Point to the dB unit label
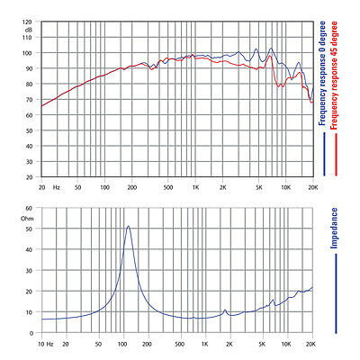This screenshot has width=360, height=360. (x=29, y=30)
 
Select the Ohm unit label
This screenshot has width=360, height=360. (x=27, y=219)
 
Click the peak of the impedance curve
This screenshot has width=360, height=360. (x=129, y=226)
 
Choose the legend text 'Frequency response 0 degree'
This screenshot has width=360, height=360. (x=322, y=73)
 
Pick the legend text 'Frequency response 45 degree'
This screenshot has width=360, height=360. (x=334, y=76)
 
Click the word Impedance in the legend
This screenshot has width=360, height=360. (x=334, y=228)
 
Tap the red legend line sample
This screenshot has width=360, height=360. (x=337, y=155)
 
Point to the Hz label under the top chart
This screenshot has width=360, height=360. (x=56, y=187)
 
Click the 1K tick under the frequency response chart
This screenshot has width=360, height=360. (x=195, y=187)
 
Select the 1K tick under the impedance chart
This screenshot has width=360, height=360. (x=205, y=344)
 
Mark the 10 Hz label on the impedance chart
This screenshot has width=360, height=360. (x=46, y=344)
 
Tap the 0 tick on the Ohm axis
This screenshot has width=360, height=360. (x=31, y=333)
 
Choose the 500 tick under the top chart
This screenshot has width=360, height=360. (x=168, y=187)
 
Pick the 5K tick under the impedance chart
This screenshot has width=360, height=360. (x=263, y=344)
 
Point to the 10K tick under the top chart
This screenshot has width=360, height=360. (x=286, y=187)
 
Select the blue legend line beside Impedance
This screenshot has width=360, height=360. (x=336, y=293)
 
